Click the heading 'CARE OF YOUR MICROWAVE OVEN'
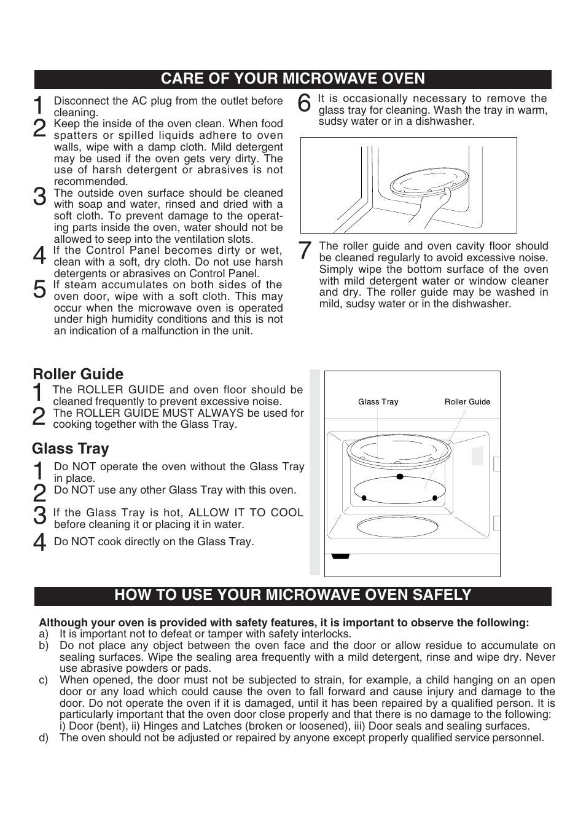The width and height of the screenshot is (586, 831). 292,79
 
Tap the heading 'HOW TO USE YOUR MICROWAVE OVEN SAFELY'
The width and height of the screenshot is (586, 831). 292,595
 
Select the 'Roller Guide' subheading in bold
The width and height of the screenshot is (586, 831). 78,374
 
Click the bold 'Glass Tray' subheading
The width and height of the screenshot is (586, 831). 71,449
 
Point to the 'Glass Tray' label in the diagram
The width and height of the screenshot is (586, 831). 378,402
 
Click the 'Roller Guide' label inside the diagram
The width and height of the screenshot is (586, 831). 467,402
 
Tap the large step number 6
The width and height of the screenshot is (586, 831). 304,104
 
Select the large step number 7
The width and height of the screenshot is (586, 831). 304,251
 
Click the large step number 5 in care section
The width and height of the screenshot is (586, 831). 39,289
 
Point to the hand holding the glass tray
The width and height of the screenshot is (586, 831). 431,212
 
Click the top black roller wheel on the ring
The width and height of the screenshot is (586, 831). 399,476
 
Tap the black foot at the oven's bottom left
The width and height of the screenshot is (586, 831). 340,556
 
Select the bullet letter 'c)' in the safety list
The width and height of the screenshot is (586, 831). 43,680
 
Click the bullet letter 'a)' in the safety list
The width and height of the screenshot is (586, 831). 43,634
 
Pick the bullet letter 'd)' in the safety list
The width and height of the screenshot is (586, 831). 43,738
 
